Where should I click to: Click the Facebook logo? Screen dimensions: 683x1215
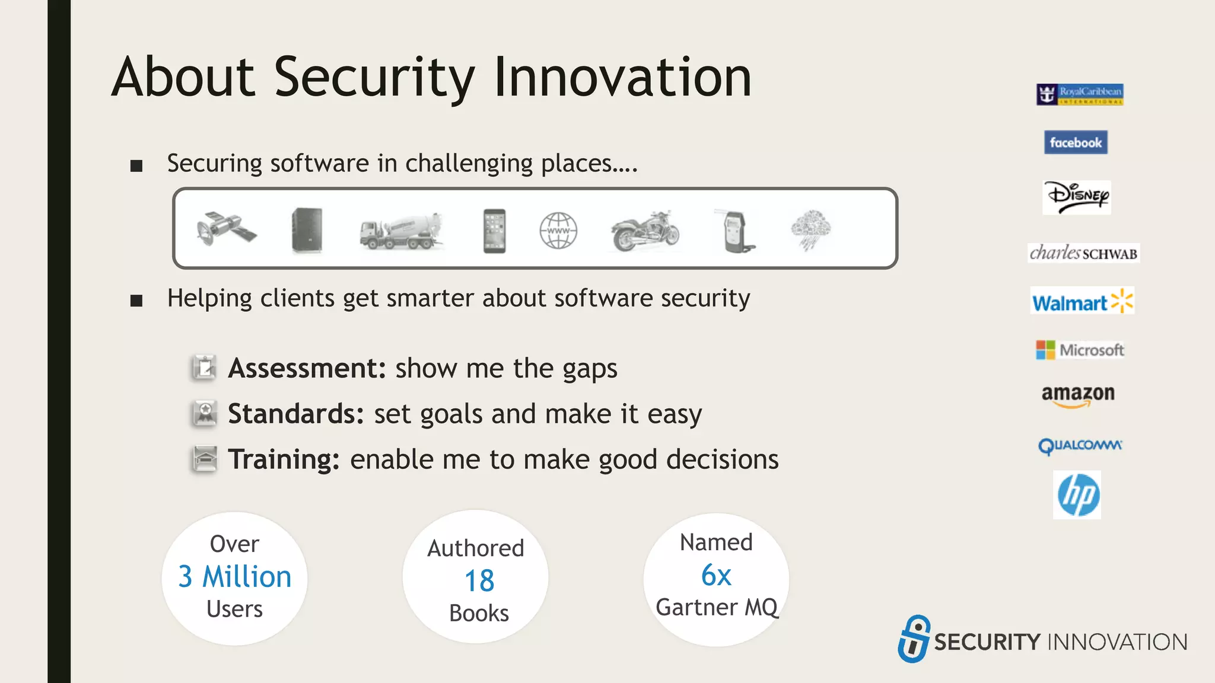click(1076, 142)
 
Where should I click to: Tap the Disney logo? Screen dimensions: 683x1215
click(1077, 197)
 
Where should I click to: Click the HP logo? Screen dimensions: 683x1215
click(1077, 495)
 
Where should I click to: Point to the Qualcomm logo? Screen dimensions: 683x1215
click(1080, 445)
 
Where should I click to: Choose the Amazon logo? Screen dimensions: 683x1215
click(1078, 395)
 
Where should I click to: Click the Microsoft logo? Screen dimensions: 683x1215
click(1080, 350)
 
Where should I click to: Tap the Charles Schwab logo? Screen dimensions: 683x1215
click(1083, 253)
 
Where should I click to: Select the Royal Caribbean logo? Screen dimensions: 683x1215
click(1080, 94)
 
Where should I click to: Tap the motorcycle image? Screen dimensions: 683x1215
click(644, 231)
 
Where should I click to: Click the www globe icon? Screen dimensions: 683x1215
click(558, 231)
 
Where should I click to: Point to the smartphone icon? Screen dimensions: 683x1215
click(494, 231)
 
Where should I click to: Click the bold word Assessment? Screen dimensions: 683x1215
click(307, 368)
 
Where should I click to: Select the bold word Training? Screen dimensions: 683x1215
click(284, 459)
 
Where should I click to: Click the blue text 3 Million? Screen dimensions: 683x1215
click(235, 577)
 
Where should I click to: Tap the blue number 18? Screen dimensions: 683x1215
click(479, 580)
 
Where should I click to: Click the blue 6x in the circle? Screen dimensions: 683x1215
click(716, 575)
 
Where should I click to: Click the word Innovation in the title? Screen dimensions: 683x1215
click(622, 77)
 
